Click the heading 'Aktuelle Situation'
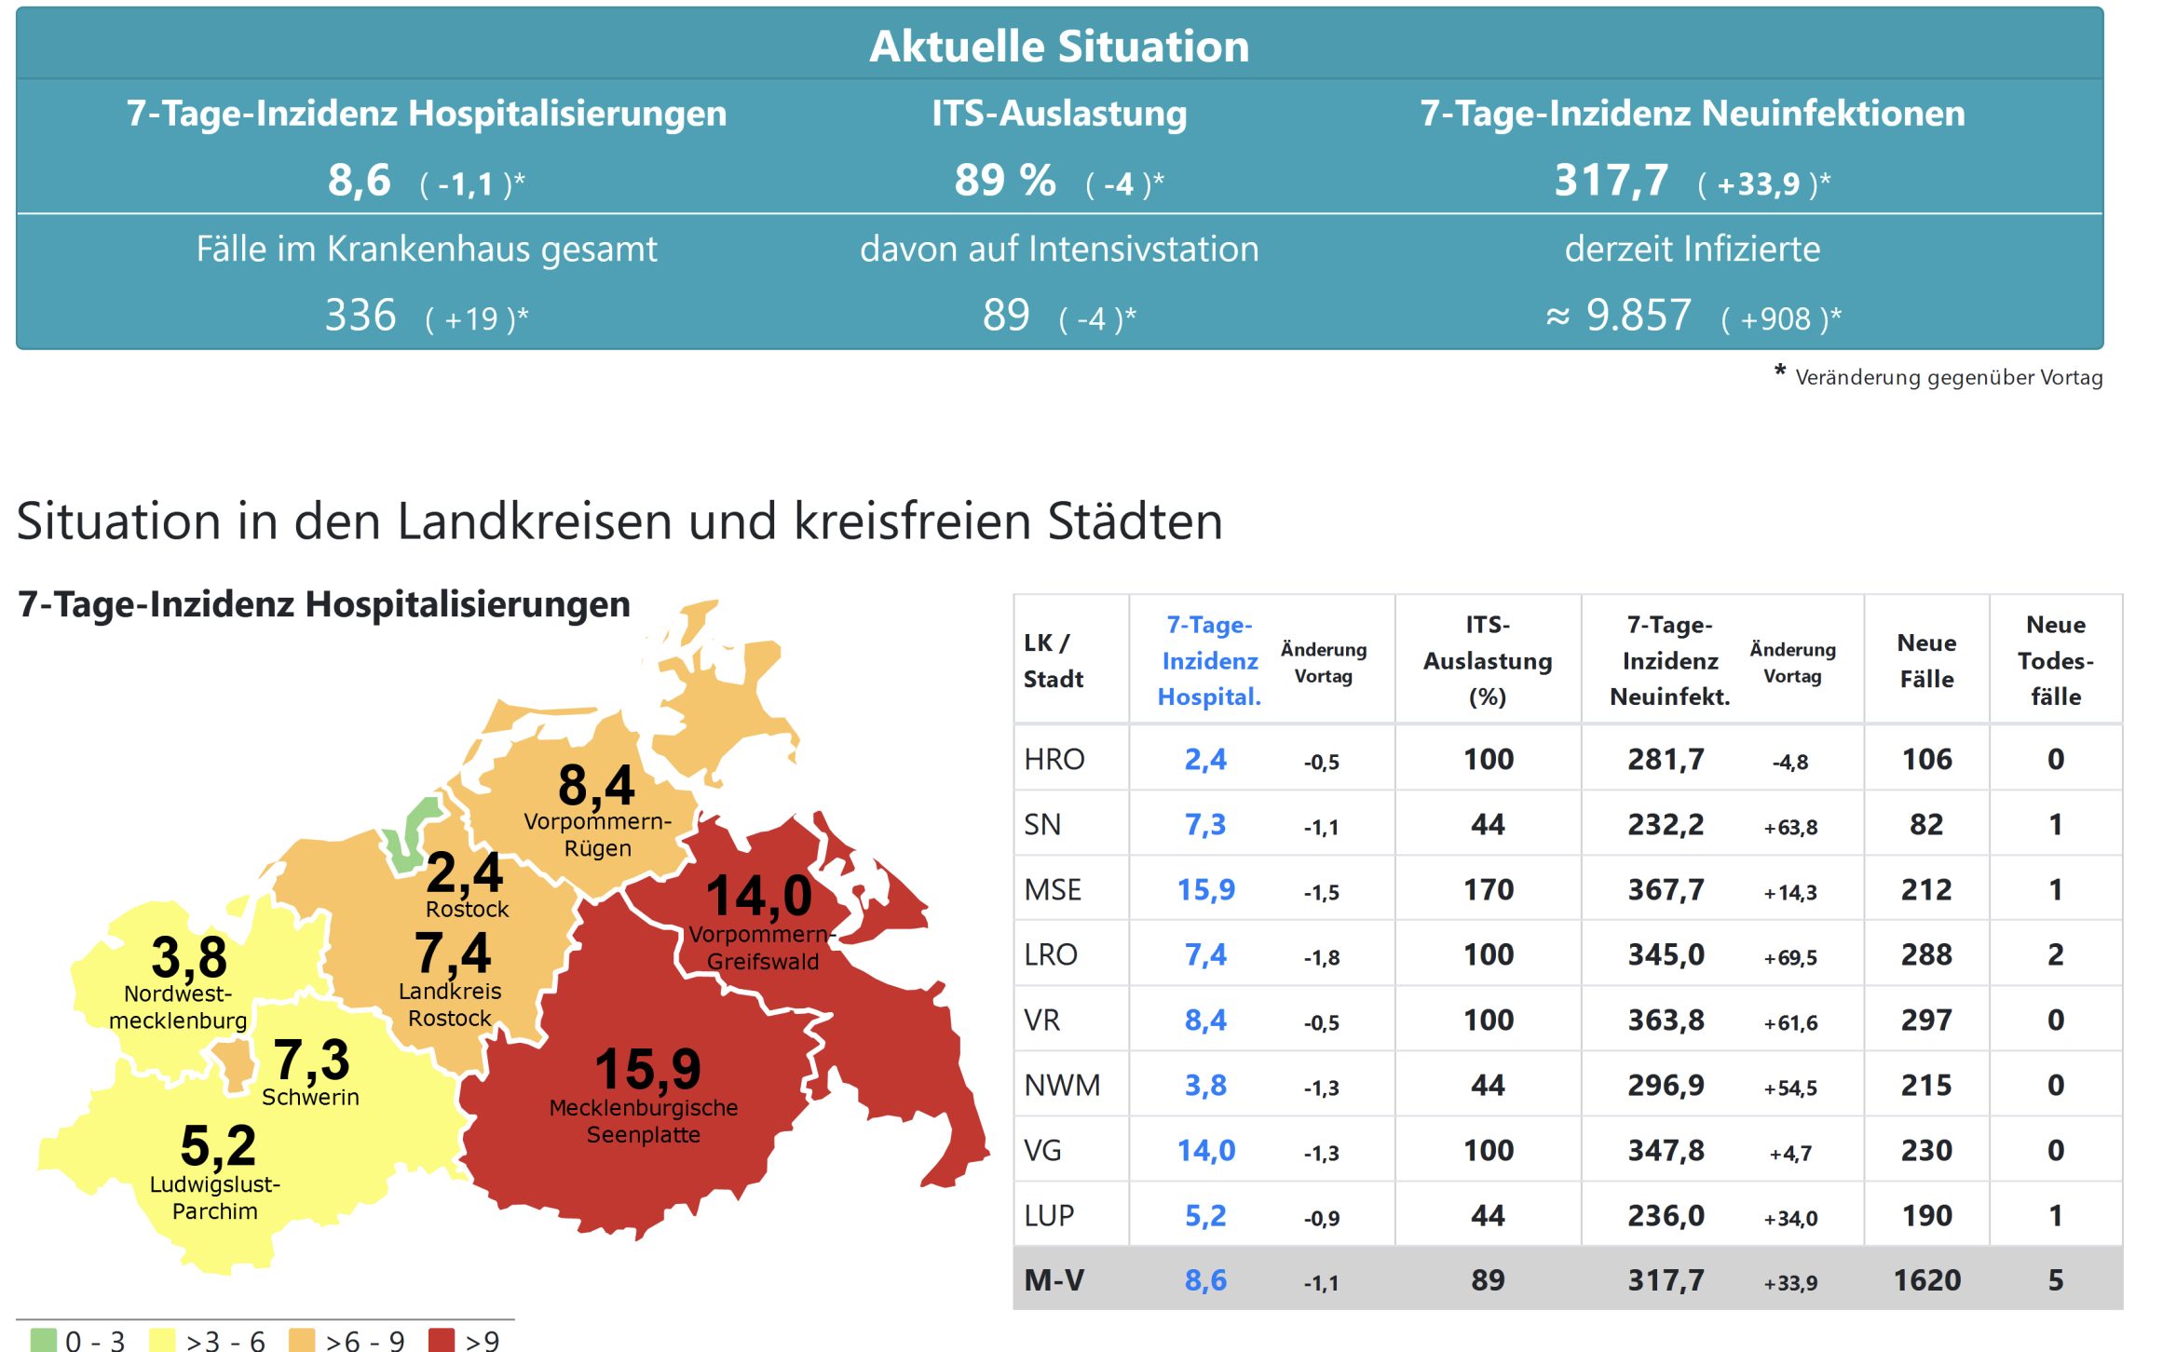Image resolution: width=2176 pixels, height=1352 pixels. click(x=1059, y=47)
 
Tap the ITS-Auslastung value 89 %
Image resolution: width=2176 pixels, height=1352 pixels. click(x=1005, y=180)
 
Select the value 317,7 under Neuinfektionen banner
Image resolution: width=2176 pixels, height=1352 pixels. click(x=1611, y=180)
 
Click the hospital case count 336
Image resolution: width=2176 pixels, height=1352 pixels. click(x=360, y=316)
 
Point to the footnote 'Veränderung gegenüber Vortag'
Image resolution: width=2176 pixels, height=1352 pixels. click(x=1948, y=377)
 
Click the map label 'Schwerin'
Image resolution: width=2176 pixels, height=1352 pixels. click(x=310, y=1097)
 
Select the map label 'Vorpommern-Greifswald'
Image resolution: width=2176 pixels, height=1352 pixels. click(x=762, y=948)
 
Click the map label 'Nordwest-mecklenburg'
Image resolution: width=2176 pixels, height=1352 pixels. click(x=178, y=1007)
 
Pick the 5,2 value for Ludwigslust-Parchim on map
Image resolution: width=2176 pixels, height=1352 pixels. click(x=218, y=1145)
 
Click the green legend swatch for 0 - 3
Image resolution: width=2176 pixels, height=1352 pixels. click(x=43, y=1340)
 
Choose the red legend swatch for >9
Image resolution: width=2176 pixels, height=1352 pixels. click(x=441, y=1340)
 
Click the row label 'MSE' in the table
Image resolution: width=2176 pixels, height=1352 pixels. click(x=1053, y=890)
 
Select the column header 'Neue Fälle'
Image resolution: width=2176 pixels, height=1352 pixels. click(x=1926, y=660)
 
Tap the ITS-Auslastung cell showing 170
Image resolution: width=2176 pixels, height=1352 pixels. click(x=1488, y=890)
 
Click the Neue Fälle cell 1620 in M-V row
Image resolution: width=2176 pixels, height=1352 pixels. click(x=1926, y=1280)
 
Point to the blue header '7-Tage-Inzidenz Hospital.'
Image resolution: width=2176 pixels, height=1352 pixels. click(x=1208, y=660)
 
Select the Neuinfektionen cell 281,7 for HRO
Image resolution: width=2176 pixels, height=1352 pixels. click(x=1666, y=760)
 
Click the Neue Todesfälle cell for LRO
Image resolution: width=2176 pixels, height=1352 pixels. click(x=2055, y=955)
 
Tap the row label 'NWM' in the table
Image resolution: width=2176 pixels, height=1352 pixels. click(x=1062, y=1086)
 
